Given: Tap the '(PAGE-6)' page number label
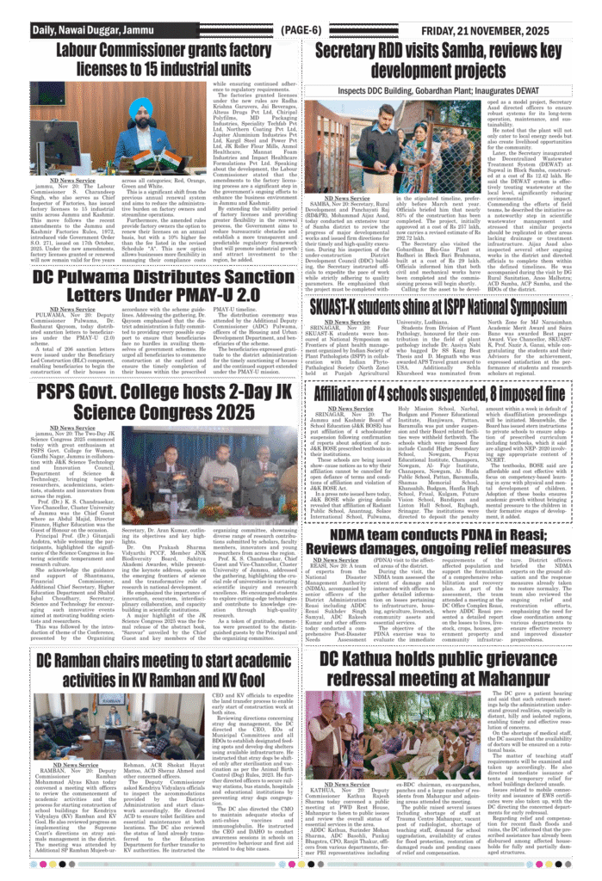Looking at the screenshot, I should coord(301,30).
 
